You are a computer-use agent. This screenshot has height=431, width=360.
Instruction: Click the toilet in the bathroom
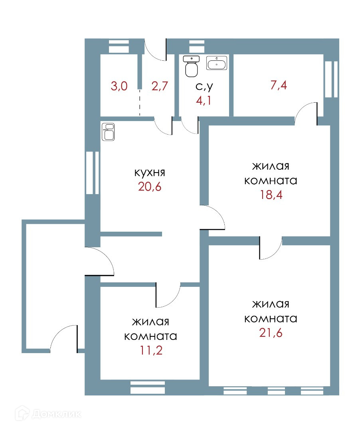(x=192, y=66)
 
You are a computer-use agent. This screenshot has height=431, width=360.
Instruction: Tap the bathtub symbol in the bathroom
(x=216, y=63)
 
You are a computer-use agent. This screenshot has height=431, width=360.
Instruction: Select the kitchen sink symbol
(x=109, y=132)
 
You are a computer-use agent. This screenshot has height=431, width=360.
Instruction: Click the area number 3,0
(x=119, y=86)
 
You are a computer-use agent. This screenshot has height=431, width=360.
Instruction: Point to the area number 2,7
(x=160, y=86)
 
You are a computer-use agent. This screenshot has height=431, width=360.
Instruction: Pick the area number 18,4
(x=271, y=195)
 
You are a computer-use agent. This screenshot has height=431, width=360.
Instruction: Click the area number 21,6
(x=271, y=333)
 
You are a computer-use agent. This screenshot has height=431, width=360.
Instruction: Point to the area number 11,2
(x=150, y=350)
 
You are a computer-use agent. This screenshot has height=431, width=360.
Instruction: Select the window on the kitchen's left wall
(x=92, y=173)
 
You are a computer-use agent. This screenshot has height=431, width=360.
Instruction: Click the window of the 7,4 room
(x=331, y=79)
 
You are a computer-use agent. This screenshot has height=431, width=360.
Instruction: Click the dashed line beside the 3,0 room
(x=140, y=103)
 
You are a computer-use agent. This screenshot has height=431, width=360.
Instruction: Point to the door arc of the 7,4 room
(x=305, y=112)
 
